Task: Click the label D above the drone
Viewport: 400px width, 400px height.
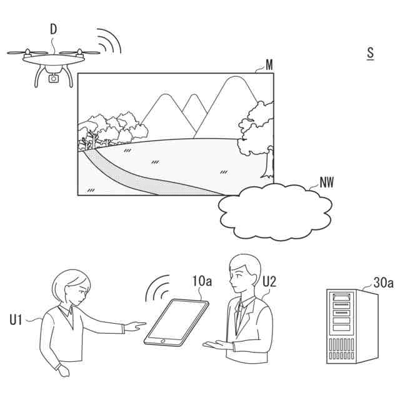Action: coord(54,29)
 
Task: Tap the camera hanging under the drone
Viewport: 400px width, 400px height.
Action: coord(54,78)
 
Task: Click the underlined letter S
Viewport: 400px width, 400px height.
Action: coord(371,53)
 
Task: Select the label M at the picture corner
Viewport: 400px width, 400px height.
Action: coord(269,65)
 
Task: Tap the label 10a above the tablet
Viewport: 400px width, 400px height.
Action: coord(201,281)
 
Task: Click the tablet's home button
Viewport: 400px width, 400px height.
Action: coord(162,340)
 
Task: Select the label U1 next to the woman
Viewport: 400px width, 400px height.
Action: coord(16,320)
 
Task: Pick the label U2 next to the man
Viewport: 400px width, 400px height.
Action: coord(269,281)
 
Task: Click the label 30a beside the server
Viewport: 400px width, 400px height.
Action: coord(384,282)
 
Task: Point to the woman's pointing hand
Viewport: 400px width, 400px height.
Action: coord(134,326)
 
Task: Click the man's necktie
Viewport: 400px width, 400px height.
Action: coord(238,319)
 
